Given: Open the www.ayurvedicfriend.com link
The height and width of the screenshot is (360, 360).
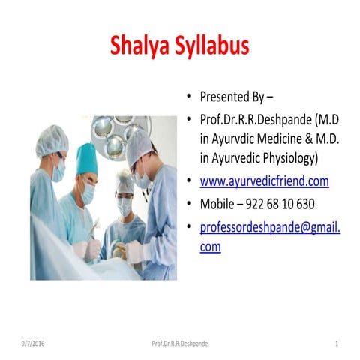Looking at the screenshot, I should (264, 181).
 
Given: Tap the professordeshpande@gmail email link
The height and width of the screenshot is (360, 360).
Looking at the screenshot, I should (270, 226).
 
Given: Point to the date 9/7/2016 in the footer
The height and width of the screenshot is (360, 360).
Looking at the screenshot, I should (34, 343).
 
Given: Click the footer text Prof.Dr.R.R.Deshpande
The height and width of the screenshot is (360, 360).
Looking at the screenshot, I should (180, 343).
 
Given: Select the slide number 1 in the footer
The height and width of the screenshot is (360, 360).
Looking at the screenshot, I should (337, 343).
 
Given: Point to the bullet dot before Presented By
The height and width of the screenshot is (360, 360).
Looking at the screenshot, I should (190, 97).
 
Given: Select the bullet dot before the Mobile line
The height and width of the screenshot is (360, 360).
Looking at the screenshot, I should (190, 204).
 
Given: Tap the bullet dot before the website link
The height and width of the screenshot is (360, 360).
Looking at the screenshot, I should (190, 182).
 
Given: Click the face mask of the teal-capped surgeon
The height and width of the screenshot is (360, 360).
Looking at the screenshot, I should (88, 193).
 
